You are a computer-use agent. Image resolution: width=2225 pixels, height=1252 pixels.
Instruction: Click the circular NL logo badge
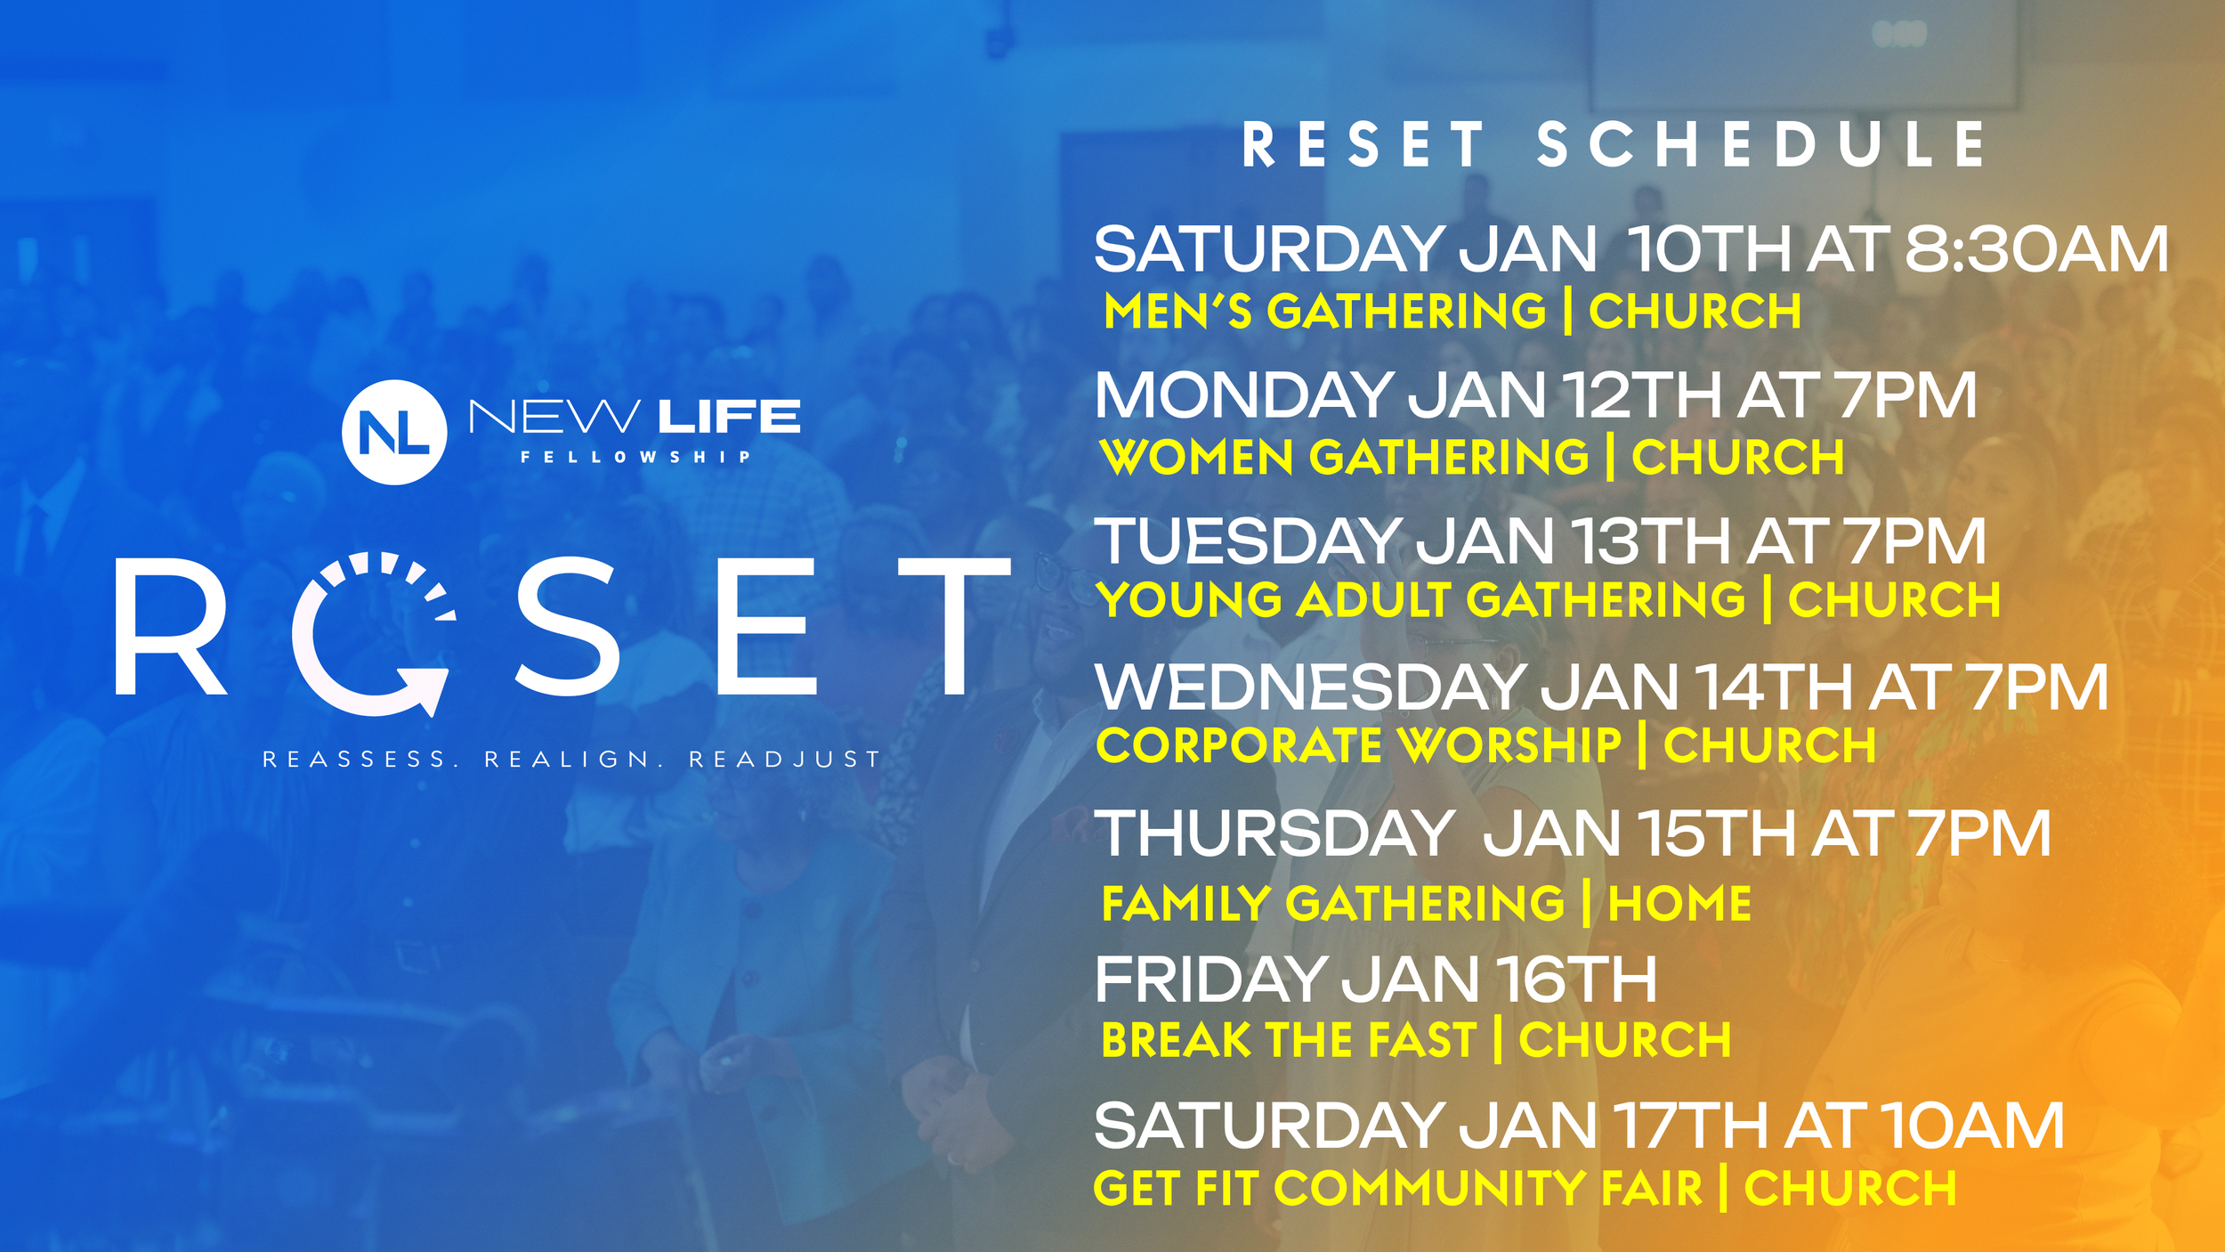(x=394, y=432)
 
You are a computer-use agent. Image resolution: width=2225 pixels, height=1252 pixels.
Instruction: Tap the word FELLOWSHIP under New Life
(x=635, y=457)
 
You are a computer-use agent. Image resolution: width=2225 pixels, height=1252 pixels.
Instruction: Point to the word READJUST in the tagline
(x=784, y=759)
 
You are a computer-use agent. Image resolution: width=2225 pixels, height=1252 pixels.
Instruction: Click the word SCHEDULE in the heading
(x=1761, y=145)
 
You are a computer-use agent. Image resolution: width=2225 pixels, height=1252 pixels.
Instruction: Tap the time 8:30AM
(x=2036, y=249)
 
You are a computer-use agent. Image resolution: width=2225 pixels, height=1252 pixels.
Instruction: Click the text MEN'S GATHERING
(x=1325, y=312)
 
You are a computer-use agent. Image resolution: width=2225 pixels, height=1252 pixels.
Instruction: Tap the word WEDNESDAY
(x=1311, y=687)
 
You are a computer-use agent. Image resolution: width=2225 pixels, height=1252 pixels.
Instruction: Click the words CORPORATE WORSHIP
(x=1359, y=745)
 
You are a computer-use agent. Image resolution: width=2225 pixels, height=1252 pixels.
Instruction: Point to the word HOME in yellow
(x=1679, y=903)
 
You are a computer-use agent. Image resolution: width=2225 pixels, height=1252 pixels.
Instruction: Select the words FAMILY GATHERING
(x=1333, y=903)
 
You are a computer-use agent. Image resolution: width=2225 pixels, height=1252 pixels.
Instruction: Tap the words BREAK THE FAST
(x=1290, y=1040)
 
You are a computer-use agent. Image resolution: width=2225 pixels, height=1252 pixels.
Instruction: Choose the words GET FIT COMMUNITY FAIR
(x=1397, y=1188)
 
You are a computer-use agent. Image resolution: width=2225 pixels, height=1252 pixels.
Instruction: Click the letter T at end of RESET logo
(x=954, y=626)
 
